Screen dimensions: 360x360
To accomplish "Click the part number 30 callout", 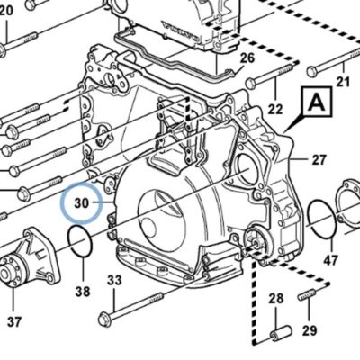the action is [x=82, y=203].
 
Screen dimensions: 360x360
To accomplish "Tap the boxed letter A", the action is [x=317, y=102].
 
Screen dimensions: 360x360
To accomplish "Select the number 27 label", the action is [x=319, y=159].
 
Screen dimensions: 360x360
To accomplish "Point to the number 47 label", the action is [x=330, y=260].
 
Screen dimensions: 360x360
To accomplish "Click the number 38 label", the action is [x=83, y=291].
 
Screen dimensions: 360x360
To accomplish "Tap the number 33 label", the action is [x=114, y=280].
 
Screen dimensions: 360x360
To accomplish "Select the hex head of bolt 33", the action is [x=103, y=319].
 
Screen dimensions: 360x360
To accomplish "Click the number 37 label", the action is [x=14, y=322].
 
